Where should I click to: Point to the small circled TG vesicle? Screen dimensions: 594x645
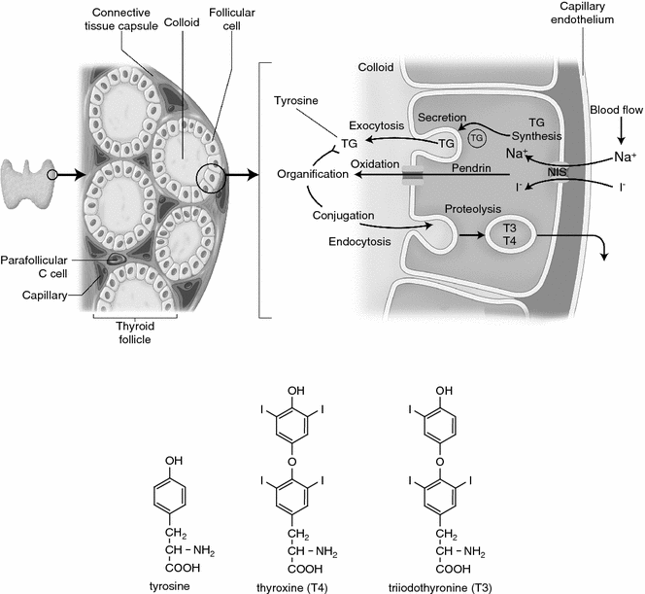click(477, 139)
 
